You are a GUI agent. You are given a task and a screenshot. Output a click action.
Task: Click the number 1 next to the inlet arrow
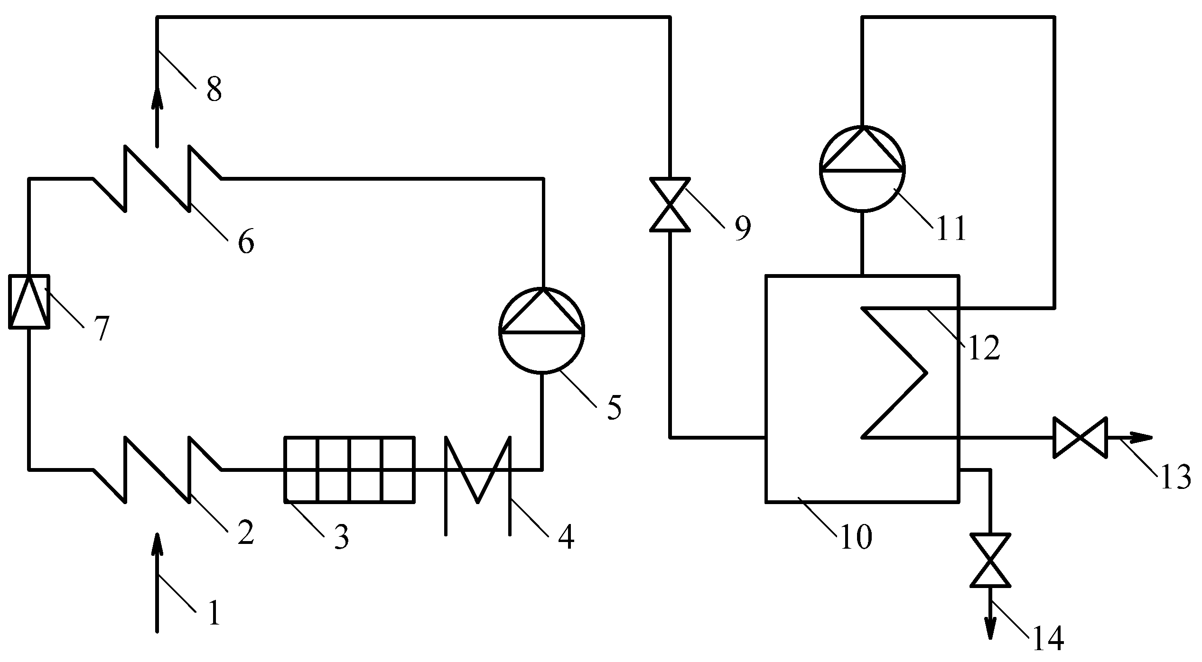(x=214, y=613)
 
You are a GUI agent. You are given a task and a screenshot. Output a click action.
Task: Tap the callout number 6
(x=246, y=242)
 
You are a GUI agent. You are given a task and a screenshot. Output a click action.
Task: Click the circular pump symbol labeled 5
(x=542, y=330)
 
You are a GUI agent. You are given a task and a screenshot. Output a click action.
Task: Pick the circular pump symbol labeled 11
(x=862, y=168)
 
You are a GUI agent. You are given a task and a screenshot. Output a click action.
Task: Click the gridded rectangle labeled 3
(x=349, y=469)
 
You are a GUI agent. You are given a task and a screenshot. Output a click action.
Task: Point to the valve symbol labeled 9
(x=670, y=205)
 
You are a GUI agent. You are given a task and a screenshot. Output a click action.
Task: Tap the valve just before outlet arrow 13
(x=1080, y=438)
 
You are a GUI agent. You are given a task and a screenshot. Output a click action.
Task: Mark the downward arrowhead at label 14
(x=990, y=627)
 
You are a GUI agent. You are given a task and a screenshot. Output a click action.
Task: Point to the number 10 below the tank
(x=857, y=538)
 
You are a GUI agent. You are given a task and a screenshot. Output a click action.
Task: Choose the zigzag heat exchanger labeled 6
(x=157, y=178)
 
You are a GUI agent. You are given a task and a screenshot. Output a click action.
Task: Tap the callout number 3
(x=341, y=538)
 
